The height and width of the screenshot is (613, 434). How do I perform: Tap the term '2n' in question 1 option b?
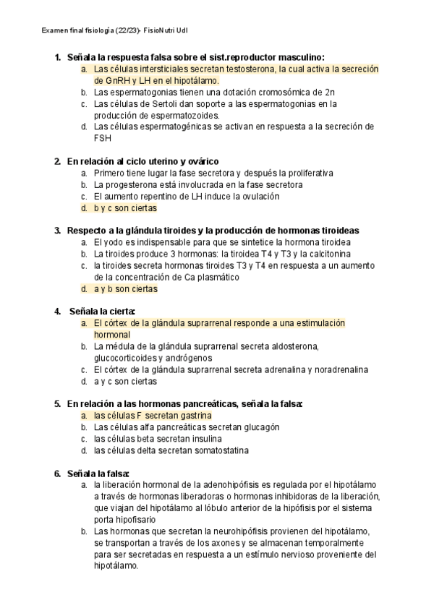click(x=330, y=93)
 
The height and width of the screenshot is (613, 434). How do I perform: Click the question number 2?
click(x=58, y=161)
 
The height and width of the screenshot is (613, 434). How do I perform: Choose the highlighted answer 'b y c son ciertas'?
click(x=125, y=207)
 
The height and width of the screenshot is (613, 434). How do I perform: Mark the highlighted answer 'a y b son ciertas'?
click(x=125, y=288)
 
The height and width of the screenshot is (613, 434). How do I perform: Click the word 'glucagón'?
click(x=260, y=427)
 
